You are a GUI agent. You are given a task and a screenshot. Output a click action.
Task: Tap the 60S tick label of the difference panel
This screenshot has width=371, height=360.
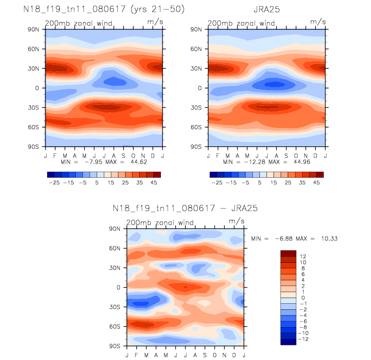pyautogui.click(x=116, y=326)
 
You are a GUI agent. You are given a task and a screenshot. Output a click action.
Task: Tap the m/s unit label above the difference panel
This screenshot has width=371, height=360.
pyautogui.click(x=236, y=221)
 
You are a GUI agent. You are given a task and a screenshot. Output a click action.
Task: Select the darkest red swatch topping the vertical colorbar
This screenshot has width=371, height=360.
pyautogui.click(x=288, y=253)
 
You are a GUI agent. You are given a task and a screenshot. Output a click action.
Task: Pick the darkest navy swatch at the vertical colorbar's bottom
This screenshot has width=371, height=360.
pyautogui.click(x=288, y=342)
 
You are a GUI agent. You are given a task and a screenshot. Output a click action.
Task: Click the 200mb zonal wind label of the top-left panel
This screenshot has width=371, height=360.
pyautogui.click(x=79, y=23)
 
